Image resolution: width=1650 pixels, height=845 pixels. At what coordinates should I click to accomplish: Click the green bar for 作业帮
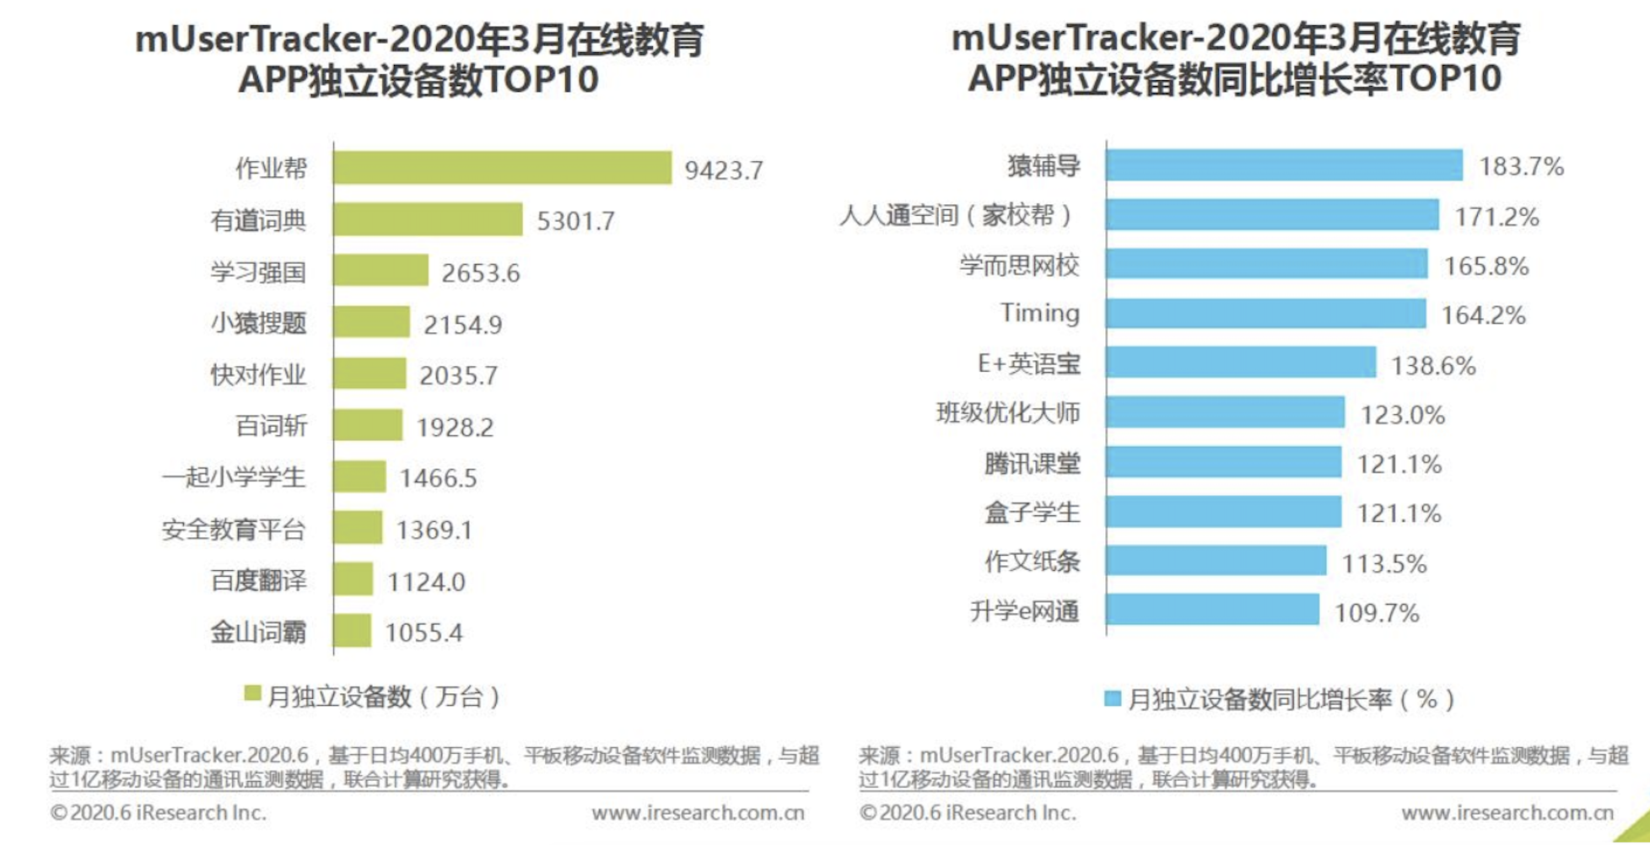[x=502, y=168]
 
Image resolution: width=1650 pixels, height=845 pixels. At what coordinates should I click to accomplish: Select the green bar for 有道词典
[x=428, y=219]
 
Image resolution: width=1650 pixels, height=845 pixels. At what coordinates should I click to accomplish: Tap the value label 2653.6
[x=481, y=273]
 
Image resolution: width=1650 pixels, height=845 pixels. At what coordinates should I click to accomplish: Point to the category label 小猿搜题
[x=258, y=323]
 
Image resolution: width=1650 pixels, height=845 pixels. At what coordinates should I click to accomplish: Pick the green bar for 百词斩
[x=368, y=425]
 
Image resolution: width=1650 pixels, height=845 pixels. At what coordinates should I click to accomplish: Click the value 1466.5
[x=438, y=478]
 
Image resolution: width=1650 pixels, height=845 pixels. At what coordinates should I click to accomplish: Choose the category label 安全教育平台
[x=234, y=530]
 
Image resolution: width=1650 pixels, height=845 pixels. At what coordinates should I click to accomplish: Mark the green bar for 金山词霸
[x=353, y=631]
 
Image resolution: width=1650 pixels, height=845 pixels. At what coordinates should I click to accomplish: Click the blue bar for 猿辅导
[x=1284, y=165]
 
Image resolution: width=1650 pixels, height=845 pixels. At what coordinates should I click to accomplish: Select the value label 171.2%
[x=1496, y=218]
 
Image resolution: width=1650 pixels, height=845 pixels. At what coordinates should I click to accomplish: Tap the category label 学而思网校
[x=1019, y=266]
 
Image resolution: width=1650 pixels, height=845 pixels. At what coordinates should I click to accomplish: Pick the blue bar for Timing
[x=1265, y=314]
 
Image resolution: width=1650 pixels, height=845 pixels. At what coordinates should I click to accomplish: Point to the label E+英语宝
[x=1028, y=363]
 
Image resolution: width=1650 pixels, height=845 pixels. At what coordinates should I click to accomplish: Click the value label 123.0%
[x=1402, y=415]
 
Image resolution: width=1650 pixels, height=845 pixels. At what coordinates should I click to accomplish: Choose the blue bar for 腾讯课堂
[x=1223, y=462]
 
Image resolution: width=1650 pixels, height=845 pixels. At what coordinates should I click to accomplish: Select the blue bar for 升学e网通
[x=1212, y=610]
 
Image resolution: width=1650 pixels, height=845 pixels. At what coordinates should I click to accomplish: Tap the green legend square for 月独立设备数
[x=252, y=693]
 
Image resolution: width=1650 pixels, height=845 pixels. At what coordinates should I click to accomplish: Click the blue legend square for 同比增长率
[x=1113, y=698]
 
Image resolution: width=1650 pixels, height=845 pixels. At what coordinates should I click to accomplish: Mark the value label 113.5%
[x=1383, y=563]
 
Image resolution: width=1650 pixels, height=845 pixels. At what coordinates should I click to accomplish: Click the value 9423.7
[x=723, y=171]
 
